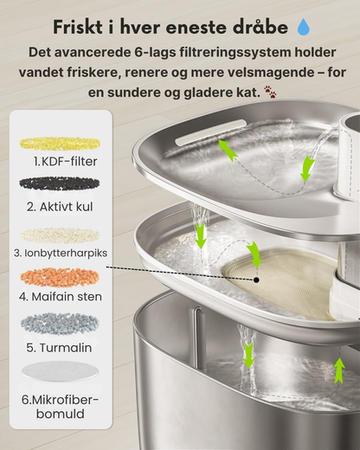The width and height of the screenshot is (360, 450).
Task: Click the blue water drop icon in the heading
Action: click(303, 27)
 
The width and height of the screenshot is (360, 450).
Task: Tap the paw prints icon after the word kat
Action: click(270, 92)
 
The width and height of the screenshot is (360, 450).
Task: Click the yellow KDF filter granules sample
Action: click(60, 144)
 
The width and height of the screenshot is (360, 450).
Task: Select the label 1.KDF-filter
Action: click(66, 161)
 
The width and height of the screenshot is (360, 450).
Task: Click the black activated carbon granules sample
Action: click(60, 183)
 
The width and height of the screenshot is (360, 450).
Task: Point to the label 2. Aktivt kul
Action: click(60, 207)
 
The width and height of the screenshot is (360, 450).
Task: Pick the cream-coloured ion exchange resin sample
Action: click(60, 235)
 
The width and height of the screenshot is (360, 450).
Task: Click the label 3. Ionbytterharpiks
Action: click(61, 253)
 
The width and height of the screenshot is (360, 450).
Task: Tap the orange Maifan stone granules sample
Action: click(60, 276)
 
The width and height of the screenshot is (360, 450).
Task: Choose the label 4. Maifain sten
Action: click(61, 297)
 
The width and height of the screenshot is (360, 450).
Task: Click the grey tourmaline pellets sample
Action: click(60, 324)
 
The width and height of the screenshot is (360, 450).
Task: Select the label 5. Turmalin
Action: click(59, 348)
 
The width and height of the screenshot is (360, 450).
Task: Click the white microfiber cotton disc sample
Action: click(60, 372)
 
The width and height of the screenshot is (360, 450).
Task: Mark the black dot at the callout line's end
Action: click(256, 280)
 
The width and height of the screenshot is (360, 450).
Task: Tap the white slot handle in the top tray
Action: click(211, 132)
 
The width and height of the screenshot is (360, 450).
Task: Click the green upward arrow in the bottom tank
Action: click(339, 370)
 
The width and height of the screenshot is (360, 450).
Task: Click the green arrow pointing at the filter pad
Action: click(254, 254)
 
